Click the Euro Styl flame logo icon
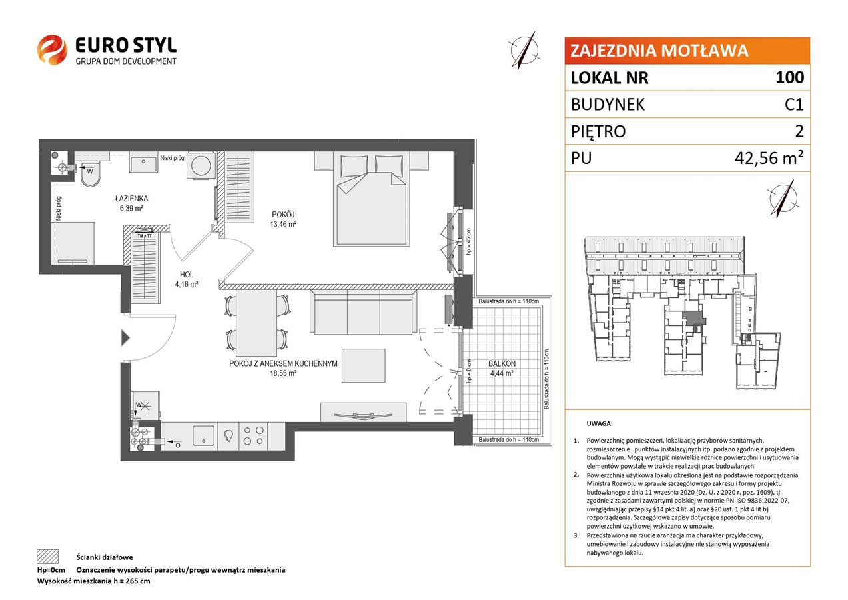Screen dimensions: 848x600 click(52, 49)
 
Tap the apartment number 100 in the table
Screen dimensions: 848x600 click(789, 77)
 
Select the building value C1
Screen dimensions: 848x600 click(794, 105)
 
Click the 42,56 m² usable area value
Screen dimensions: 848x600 click(769, 157)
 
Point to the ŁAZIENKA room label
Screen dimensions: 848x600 click(131, 198)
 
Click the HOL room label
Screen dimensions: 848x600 click(187, 275)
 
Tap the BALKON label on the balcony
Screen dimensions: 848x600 click(502, 363)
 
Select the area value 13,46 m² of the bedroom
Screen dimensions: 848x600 click(283, 224)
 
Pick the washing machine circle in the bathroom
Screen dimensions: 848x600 click(201, 165)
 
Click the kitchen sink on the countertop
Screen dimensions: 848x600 click(203, 435)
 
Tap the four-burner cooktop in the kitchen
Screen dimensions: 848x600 click(253, 435)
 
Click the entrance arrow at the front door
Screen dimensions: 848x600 click(125, 338)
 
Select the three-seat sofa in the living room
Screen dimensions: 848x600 click(364, 313)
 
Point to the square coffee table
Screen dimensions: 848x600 click(364, 365)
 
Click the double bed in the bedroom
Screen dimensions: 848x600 click(371, 199)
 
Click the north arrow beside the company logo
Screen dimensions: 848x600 click(524, 51)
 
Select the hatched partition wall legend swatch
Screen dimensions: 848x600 click(47, 556)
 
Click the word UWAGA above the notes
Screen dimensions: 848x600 click(600, 423)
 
